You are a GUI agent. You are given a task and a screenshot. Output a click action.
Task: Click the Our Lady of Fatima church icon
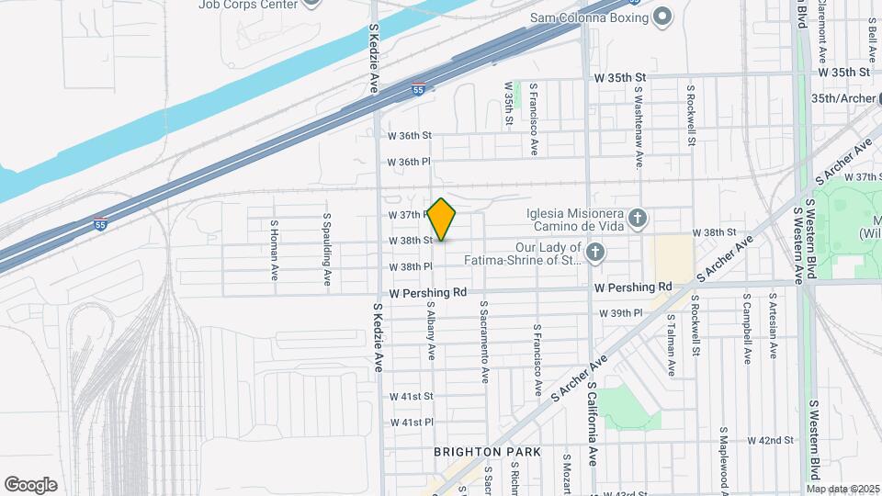(595, 253)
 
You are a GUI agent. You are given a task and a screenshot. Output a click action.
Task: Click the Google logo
(30, 485)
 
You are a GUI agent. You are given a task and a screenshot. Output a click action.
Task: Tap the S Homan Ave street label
(274, 250)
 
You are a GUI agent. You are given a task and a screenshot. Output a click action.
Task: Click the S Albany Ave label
(430, 330)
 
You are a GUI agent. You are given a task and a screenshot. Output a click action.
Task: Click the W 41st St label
(411, 397)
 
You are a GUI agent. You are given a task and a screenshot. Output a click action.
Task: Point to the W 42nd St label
(770, 441)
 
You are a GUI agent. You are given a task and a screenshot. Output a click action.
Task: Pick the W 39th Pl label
(621, 313)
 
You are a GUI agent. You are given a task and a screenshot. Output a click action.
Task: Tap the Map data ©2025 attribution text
(843, 489)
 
